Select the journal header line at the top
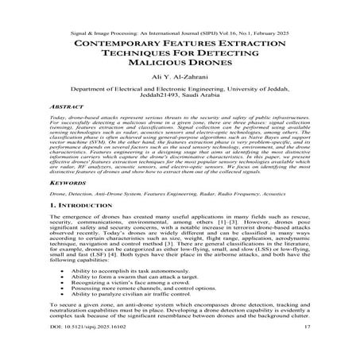[x=180, y=12]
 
